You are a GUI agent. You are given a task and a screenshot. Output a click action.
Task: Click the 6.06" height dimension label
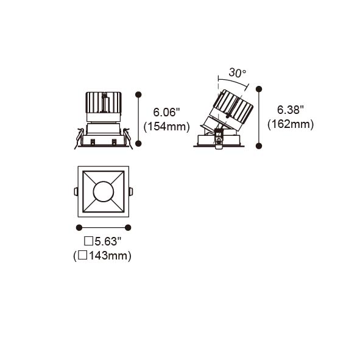point(166,113)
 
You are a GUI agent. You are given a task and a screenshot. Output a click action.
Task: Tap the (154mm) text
point(167,127)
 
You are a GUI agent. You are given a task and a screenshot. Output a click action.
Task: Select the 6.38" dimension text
point(291,110)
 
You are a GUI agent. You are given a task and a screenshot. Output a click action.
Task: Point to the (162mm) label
point(291,124)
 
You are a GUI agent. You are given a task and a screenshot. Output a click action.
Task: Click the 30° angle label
point(238,72)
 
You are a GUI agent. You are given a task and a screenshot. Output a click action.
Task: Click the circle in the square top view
point(104,192)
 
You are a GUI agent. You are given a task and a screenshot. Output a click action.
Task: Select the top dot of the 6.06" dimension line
point(138,94)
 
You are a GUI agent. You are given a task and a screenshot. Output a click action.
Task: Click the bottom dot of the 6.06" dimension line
point(138,144)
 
